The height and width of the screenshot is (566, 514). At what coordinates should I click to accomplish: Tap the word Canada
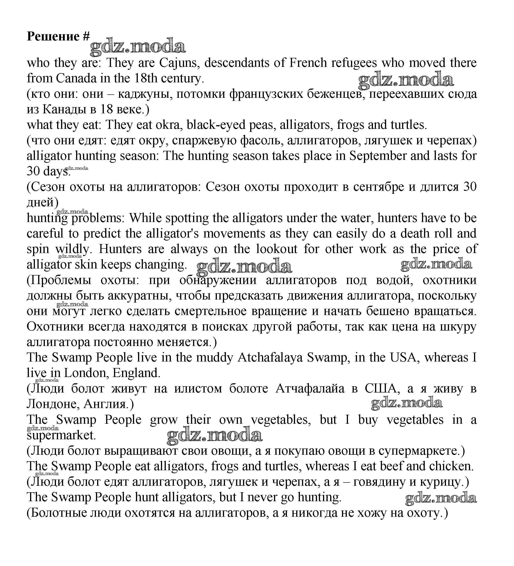pos(76,78)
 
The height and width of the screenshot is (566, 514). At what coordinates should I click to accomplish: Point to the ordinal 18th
pos(146,78)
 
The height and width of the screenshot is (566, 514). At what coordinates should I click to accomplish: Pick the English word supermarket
pos(61,435)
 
